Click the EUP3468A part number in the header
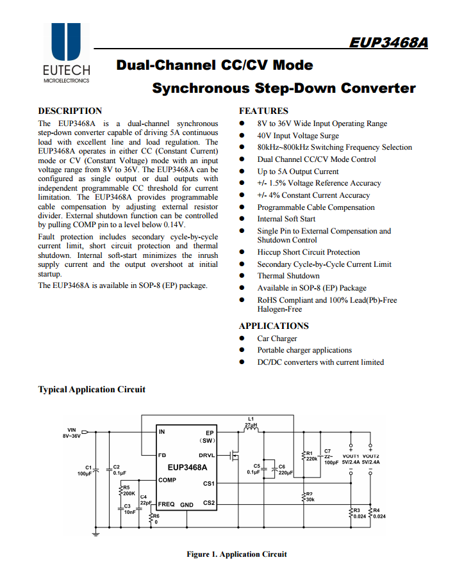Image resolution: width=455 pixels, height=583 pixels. pyautogui.click(x=389, y=43)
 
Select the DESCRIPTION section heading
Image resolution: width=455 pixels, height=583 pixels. pyautogui.click(x=70, y=111)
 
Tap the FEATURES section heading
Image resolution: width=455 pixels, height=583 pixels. pyautogui.click(x=263, y=111)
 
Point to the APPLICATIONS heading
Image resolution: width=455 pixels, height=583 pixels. pyautogui.click(x=274, y=326)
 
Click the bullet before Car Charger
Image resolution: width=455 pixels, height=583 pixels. pyautogui.click(x=242, y=339)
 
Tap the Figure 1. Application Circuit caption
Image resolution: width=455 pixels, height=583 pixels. pyautogui.click(x=236, y=554)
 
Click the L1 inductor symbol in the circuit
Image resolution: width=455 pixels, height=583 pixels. pyautogui.click(x=251, y=430)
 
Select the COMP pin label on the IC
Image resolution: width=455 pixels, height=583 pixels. pyautogui.click(x=167, y=480)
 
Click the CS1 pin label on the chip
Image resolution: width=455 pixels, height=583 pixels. pyautogui.click(x=209, y=484)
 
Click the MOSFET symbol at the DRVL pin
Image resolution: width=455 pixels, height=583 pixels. pyautogui.click(x=234, y=456)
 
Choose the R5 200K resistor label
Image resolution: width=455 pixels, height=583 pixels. pyautogui.click(x=128, y=491)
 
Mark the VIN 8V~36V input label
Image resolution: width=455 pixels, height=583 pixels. pyautogui.click(x=71, y=433)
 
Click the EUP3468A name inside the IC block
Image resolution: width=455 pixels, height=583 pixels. pyautogui.click(x=187, y=468)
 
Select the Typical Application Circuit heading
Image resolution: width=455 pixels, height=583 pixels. pyautogui.click(x=92, y=389)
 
